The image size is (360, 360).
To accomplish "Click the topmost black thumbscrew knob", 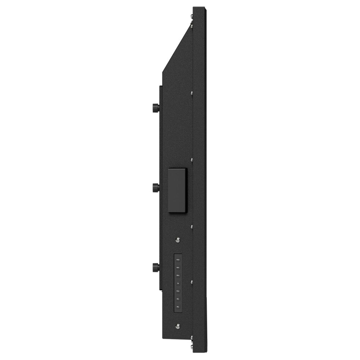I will [x=156, y=107].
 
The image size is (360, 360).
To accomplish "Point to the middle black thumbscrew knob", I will [x=156, y=187].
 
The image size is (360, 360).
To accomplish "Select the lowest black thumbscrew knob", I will [x=156, y=267].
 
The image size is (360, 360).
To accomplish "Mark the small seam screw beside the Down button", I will [x=192, y=282].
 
